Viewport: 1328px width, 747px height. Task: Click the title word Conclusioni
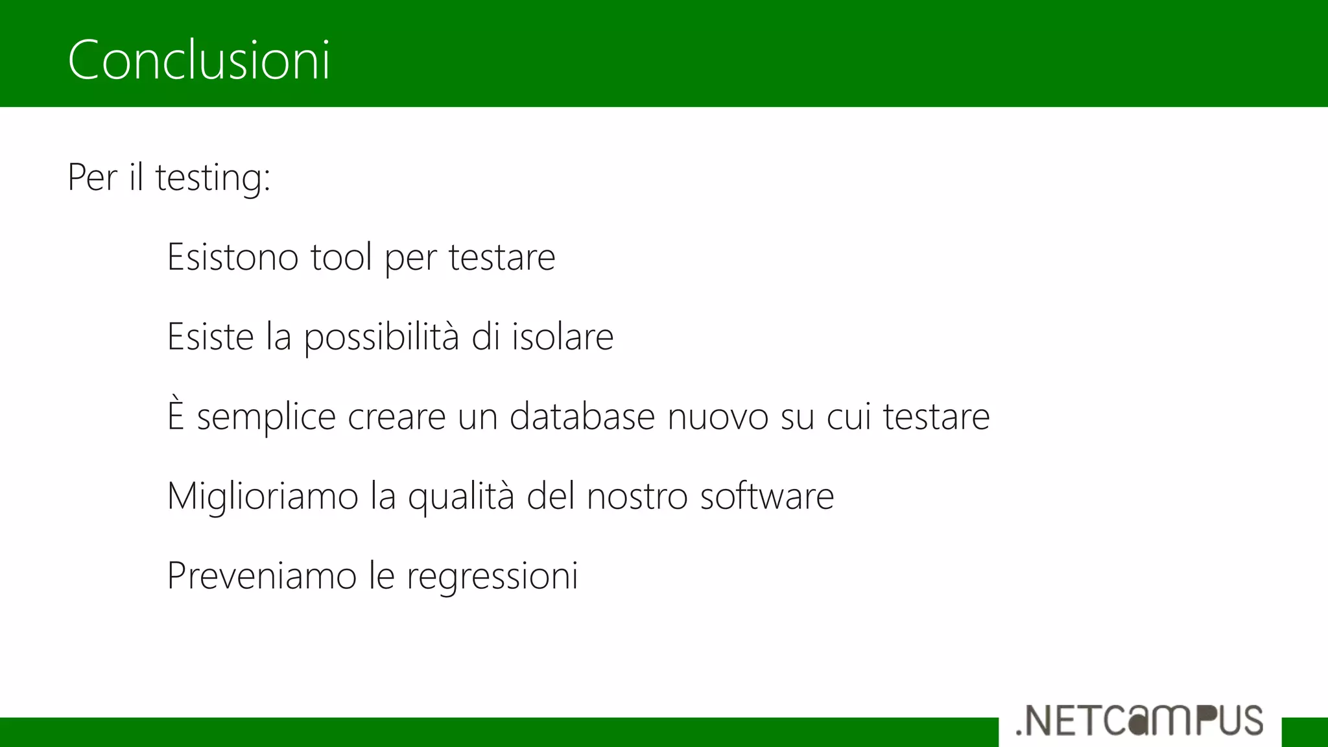[x=199, y=60]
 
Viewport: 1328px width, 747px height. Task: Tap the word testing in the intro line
[x=213, y=178]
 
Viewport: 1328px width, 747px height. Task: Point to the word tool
[x=341, y=257]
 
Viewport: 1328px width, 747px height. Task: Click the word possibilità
[x=381, y=337]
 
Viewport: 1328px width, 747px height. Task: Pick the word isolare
[x=562, y=337]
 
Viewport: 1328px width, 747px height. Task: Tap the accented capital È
[x=176, y=415]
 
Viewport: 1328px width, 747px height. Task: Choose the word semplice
[x=266, y=418]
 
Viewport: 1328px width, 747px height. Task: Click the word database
[x=582, y=416]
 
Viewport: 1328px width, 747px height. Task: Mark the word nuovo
[x=718, y=416]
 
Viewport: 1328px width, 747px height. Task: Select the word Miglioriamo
[x=263, y=497]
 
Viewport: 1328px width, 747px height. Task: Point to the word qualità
[x=461, y=497]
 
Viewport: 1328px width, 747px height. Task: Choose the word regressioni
[x=492, y=577]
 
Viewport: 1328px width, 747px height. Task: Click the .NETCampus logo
[x=1139, y=721]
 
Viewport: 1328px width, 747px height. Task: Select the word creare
[x=396, y=416]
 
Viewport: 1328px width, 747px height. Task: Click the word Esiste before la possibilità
[x=210, y=337]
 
